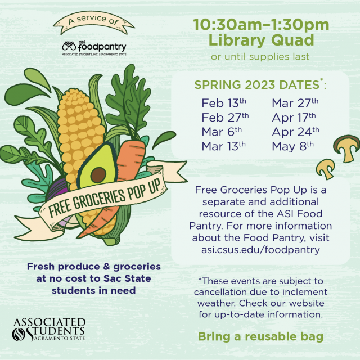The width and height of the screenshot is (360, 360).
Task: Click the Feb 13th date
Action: pos(224,103)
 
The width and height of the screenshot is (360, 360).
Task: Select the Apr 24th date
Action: pos(295,132)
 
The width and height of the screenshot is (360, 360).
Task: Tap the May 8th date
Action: pos(292,146)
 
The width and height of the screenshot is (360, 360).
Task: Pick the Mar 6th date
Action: pos(222,132)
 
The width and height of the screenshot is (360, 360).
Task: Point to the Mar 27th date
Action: pos(295,103)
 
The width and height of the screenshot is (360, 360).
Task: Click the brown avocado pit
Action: pos(98,175)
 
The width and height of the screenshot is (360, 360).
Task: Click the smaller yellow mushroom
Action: pos(326,169)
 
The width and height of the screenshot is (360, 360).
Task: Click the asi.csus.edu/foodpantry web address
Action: pos(260,250)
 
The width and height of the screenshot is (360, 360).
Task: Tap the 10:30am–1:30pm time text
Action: pos(261,25)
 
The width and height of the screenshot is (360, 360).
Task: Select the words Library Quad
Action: pos(261,40)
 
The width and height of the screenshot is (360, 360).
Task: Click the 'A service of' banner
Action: pos(94,21)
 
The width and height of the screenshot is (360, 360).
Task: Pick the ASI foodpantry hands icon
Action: pos(69,46)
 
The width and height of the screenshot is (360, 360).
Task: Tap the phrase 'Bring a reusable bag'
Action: pos(260,337)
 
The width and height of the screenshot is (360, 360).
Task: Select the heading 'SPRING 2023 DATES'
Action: pos(256,85)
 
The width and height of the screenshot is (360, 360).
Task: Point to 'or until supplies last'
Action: pos(260,56)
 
